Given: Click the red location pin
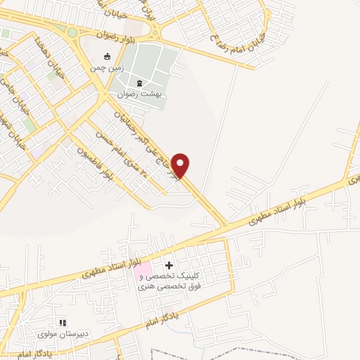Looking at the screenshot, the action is [x=181, y=165].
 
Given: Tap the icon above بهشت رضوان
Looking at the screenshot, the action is [x=139, y=82].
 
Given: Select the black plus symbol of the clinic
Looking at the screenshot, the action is [x=169, y=265].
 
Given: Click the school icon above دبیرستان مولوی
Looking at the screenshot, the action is [x=62, y=323].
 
